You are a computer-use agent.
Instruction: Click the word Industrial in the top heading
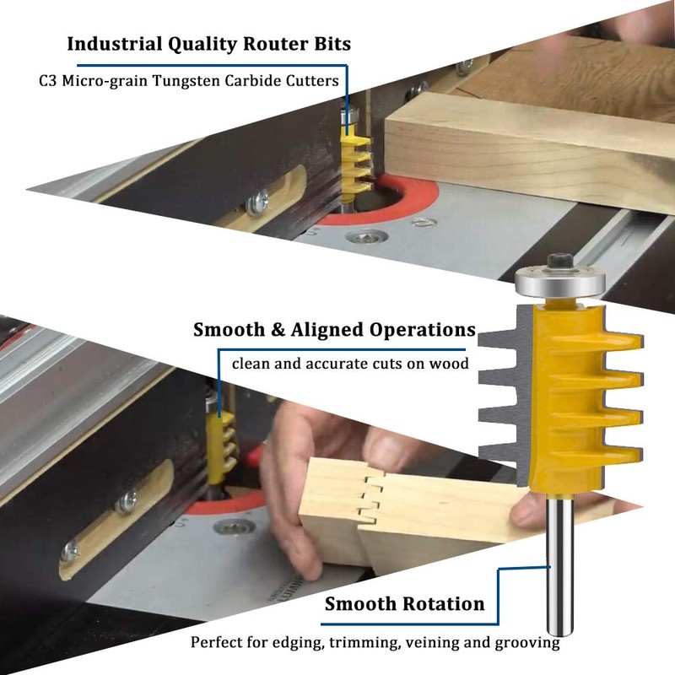tap(114, 44)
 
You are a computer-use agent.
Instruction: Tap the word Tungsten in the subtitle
tap(186, 81)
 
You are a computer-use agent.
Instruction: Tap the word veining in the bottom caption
tap(432, 643)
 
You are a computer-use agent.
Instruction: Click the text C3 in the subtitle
tap(48, 81)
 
